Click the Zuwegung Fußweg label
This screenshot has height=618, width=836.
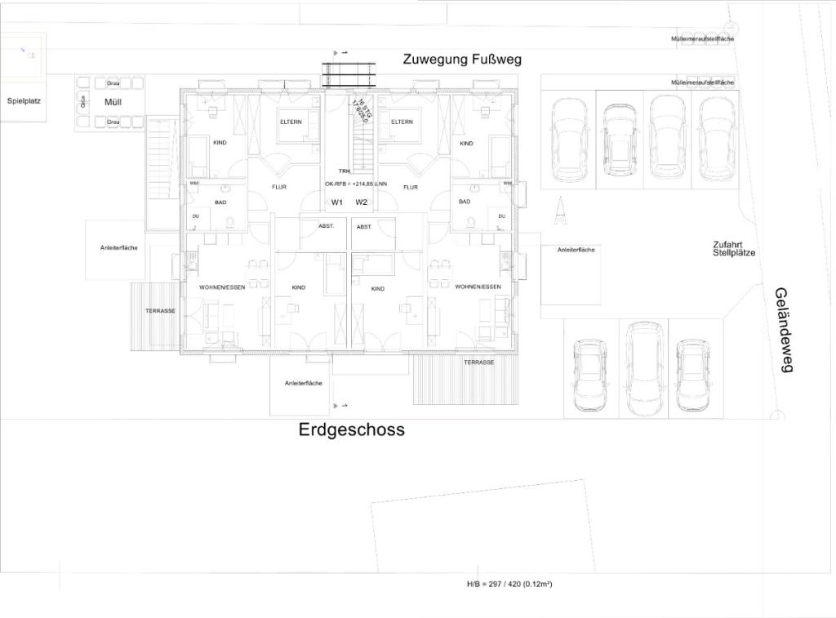click(x=461, y=60)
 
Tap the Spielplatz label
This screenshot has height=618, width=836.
click(x=24, y=101)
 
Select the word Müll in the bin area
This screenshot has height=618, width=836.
click(x=113, y=102)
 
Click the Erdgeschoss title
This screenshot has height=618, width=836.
click(x=351, y=430)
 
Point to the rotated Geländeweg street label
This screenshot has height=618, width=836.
click(x=784, y=330)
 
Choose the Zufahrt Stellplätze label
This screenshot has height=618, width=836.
click(x=733, y=249)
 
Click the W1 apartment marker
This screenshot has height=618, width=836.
click(x=336, y=202)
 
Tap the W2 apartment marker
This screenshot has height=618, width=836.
click(x=362, y=202)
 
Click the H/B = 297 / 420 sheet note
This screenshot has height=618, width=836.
click(x=509, y=584)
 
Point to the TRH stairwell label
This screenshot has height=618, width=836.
click(x=345, y=171)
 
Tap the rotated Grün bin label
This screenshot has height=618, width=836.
click(x=83, y=101)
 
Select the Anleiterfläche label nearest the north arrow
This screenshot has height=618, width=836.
click(x=576, y=250)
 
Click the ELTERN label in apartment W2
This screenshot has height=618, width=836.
click(x=402, y=122)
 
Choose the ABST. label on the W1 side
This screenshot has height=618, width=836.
click(x=326, y=226)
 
